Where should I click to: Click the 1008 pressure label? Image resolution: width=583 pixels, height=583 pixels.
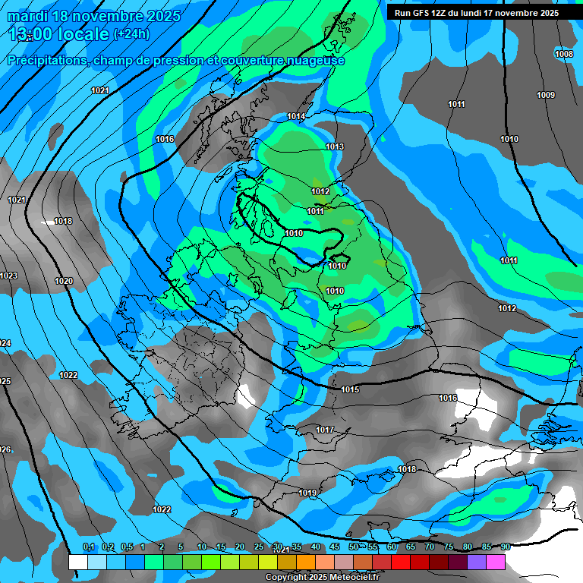(x=564, y=54)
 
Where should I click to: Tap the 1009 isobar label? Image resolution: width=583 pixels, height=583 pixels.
(x=545, y=95)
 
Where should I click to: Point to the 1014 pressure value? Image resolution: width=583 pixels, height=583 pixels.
(x=296, y=116)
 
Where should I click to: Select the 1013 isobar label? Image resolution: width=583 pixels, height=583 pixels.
(x=335, y=147)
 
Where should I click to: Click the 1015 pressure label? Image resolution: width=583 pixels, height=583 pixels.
(x=350, y=389)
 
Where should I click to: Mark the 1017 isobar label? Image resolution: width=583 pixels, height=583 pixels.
(x=325, y=430)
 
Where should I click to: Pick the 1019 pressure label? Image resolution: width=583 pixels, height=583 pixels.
(x=307, y=493)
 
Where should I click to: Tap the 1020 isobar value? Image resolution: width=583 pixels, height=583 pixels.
(x=64, y=281)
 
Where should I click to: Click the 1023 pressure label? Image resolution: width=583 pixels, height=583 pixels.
(x=8, y=276)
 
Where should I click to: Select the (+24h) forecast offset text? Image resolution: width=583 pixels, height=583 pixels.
(x=131, y=34)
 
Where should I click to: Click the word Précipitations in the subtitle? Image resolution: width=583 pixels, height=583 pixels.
(x=46, y=61)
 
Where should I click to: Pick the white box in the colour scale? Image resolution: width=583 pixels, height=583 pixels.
(x=77, y=563)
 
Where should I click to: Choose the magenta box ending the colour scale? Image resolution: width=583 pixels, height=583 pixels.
(x=496, y=563)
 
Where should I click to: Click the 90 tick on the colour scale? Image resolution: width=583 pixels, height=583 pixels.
(x=505, y=547)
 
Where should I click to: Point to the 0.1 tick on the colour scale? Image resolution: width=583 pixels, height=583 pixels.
(x=88, y=547)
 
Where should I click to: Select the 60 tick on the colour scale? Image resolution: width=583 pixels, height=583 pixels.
(x=392, y=547)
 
